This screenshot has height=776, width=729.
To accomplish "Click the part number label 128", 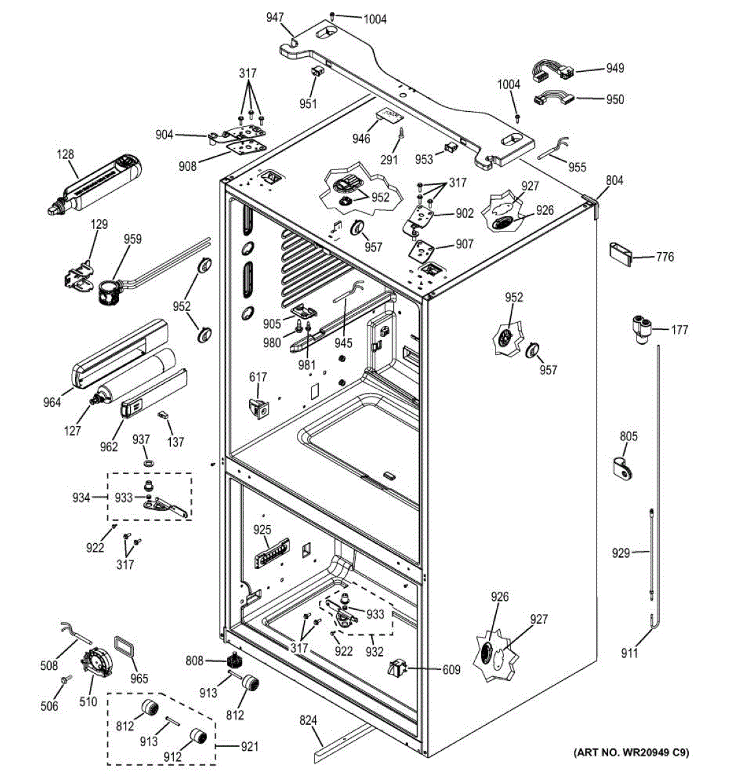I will point(65,155).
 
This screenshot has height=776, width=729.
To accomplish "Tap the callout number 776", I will point(664,257).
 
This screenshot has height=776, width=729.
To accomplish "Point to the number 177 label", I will point(679,330).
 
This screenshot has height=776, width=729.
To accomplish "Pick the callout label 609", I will point(451,670).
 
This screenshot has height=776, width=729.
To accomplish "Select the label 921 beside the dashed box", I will point(249,747).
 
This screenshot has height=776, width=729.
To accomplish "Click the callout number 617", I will point(257,377).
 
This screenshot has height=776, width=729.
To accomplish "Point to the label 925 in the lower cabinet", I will point(262,530).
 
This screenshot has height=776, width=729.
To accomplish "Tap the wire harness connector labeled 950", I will point(552,100).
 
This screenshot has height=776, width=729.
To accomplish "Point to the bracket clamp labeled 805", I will point(624,468).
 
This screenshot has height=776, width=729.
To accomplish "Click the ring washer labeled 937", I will point(149,464).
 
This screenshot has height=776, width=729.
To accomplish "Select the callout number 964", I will point(52,402).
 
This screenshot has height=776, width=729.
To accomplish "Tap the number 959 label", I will point(132,239).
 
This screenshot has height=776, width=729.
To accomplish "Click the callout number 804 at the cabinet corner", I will point(614,180).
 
